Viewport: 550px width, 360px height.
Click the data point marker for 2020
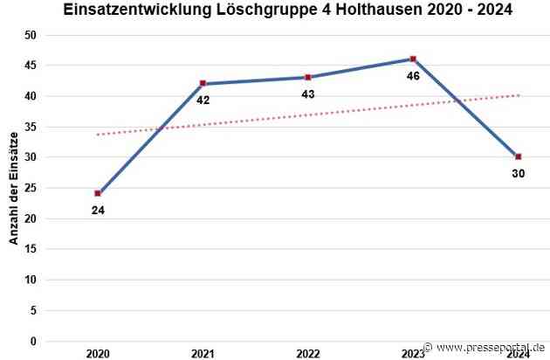(x=98, y=193)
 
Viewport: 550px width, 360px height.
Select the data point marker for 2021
(x=203, y=83)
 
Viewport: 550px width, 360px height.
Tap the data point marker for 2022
(x=308, y=77)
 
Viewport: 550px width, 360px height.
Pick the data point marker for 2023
(x=413, y=59)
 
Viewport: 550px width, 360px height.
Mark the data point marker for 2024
(x=519, y=156)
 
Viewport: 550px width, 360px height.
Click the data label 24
(x=98, y=210)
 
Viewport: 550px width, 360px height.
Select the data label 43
(x=308, y=93)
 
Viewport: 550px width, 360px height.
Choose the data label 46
(x=413, y=76)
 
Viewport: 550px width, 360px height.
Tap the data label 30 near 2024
(x=518, y=174)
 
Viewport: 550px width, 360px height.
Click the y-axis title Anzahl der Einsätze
(x=15, y=187)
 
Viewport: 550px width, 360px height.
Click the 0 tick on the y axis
(x=33, y=341)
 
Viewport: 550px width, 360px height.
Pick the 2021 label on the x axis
(x=203, y=353)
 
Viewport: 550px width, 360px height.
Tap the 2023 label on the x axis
(x=413, y=353)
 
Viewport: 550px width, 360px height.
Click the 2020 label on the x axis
(x=98, y=353)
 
